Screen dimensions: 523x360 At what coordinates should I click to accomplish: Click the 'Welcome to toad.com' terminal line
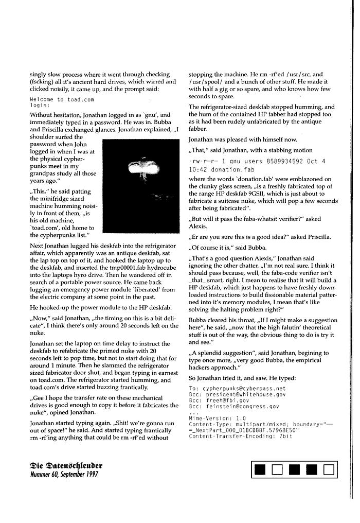tap(62, 99)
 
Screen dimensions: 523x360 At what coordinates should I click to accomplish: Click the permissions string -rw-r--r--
tap(202, 161)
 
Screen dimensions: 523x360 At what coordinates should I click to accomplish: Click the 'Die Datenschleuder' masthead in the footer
tap(66, 465)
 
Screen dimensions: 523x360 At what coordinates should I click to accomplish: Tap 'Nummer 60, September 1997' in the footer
tap(64, 474)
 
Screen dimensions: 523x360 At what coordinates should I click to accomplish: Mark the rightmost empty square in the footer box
tap(328, 469)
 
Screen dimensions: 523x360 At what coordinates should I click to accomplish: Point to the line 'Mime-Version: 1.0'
tap(218, 419)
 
